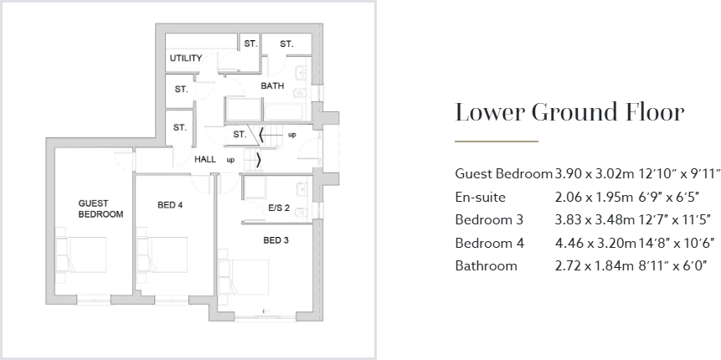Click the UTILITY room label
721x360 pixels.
point(186,58)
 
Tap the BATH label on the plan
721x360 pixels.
point(272,86)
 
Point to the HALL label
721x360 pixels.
point(205,159)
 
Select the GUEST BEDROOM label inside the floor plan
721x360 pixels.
point(100,208)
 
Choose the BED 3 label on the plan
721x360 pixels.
point(276,241)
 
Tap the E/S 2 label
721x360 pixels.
point(279,208)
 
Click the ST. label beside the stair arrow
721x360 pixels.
point(239,134)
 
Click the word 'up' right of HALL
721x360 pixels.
point(230,159)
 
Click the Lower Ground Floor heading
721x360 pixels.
point(569,112)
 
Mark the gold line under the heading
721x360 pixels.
point(496,141)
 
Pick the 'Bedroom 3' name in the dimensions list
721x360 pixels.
point(489,220)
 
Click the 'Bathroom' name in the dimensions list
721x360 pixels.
point(486,266)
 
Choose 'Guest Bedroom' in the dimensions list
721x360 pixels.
point(503,174)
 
